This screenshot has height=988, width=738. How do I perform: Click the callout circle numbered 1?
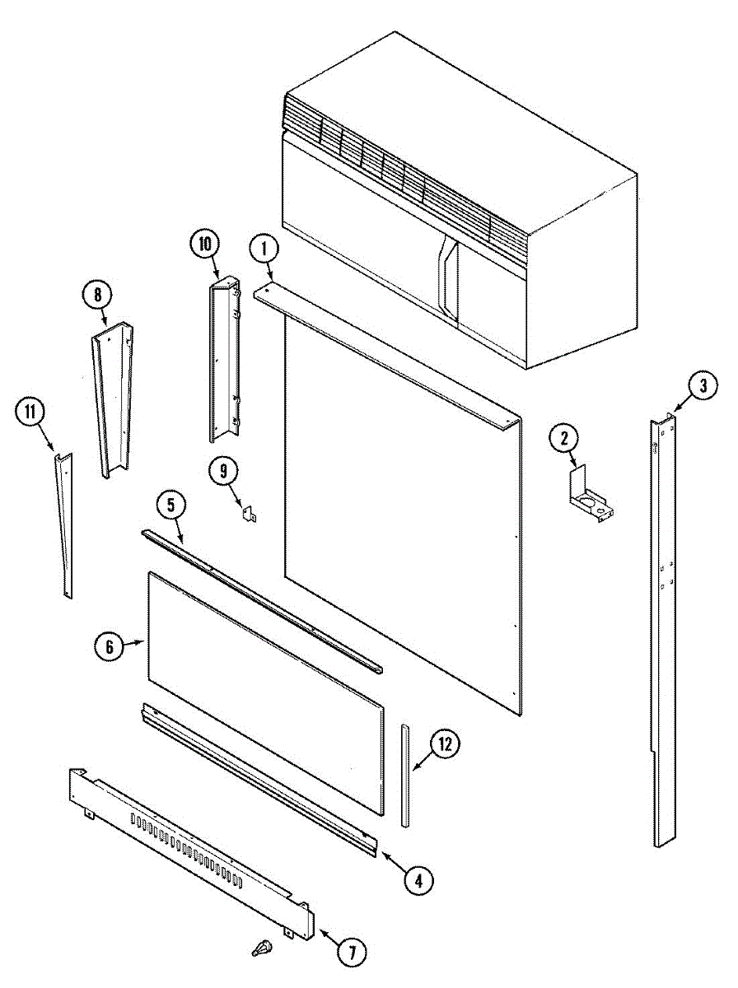click(264, 246)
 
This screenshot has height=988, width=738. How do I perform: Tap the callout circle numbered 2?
click(565, 438)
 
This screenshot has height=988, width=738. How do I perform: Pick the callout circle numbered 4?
click(418, 880)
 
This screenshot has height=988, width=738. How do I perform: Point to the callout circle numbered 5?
click(170, 505)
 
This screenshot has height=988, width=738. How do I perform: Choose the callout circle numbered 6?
click(109, 646)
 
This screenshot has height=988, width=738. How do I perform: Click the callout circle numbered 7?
click(352, 953)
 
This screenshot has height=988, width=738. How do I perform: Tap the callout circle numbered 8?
click(98, 294)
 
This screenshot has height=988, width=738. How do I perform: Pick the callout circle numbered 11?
click(30, 413)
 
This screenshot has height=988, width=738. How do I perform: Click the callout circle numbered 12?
click(445, 744)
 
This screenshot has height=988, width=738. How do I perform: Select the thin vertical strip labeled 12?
click(405, 774)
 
